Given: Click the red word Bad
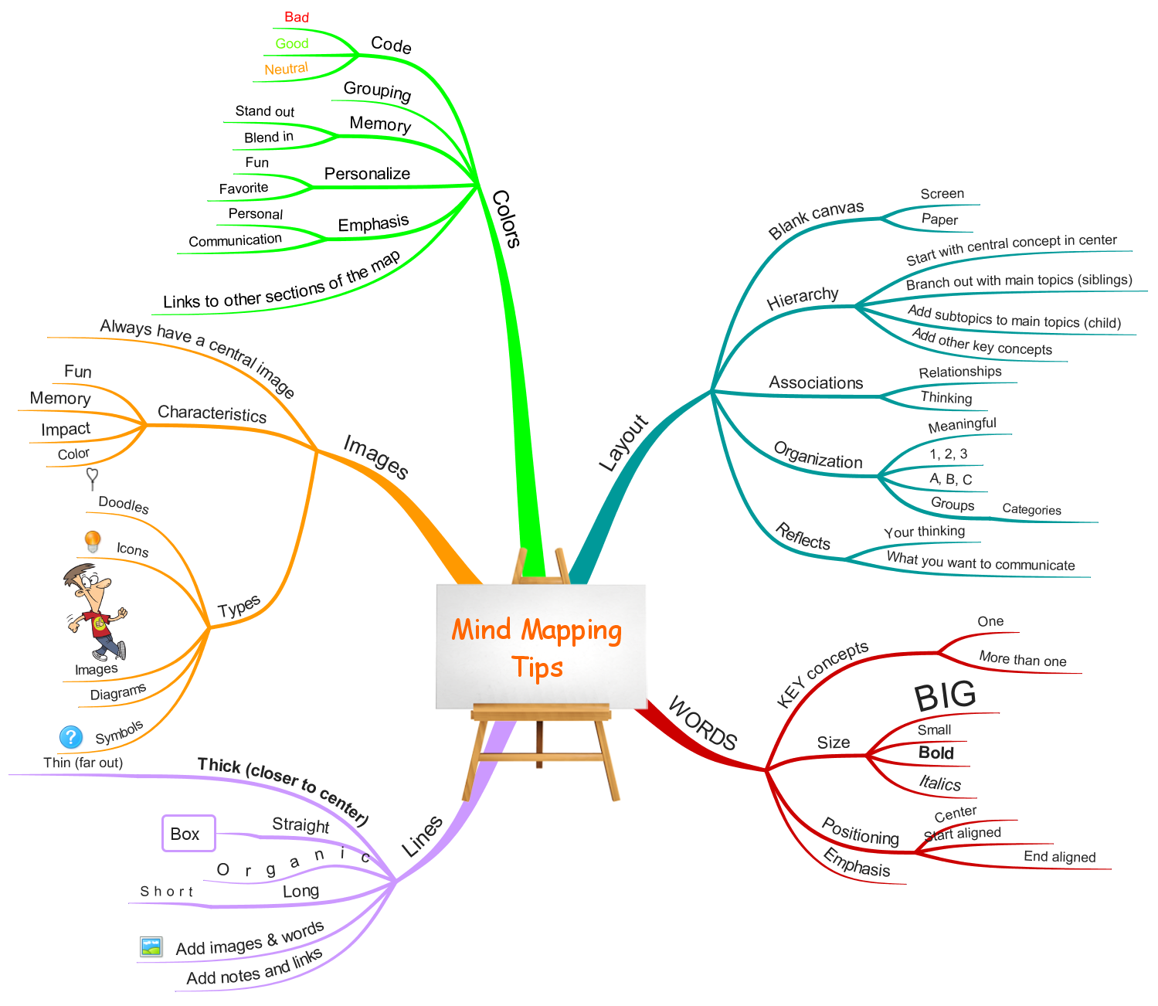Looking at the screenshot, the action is point(296,17).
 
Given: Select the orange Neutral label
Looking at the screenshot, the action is point(286,69).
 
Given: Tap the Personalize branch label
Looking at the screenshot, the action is point(367,173).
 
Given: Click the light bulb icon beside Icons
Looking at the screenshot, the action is point(92,541).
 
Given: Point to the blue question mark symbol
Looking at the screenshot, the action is point(71,736).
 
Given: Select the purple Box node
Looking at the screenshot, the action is point(188,833).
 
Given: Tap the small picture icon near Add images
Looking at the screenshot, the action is point(151,947).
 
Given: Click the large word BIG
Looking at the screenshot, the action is point(944,695).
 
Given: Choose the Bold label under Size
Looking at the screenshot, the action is point(936,753).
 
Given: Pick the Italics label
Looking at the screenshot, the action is point(939,783).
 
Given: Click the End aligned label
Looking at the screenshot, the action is point(1059,857).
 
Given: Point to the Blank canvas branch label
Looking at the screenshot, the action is point(816,219).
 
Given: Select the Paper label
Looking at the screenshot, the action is point(939,219).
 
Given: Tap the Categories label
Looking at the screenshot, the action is point(1031,509).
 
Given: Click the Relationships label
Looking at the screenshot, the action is point(959,372).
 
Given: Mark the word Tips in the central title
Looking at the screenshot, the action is point(537,667).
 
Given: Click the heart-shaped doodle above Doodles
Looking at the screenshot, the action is point(92,478).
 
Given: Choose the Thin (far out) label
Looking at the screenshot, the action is point(83,763).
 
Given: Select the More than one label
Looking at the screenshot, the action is point(1022,659).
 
